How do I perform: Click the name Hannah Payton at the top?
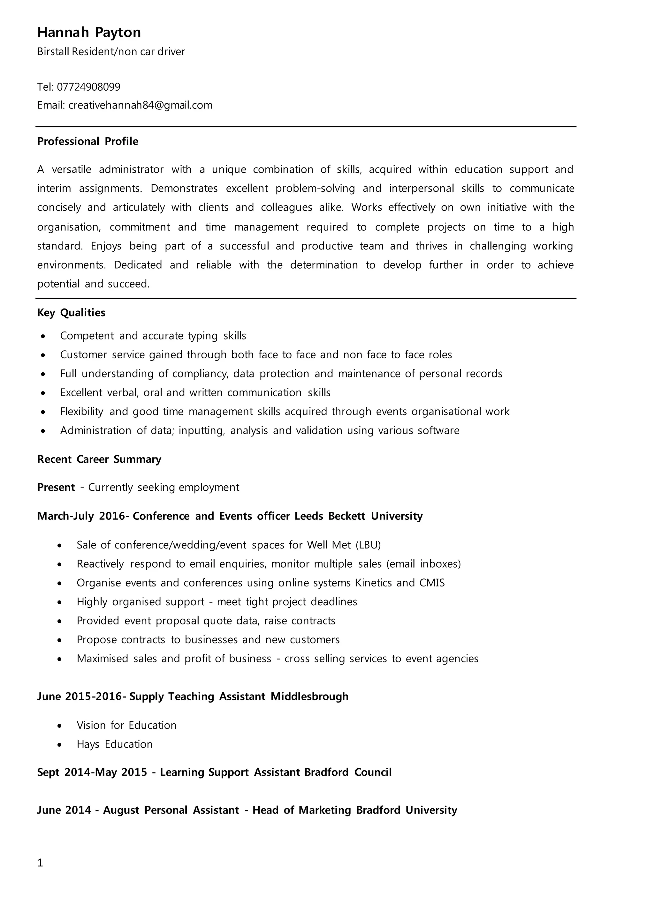click(x=89, y=33)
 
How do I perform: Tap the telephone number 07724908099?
click(x=88, y=87)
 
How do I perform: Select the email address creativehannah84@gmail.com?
click(x=140, y=105)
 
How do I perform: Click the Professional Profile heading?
click(x=87, y=141)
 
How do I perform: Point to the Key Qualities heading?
click(x=71, y=313)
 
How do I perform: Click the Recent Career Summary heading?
click(x=99, y=459)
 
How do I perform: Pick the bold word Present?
click(x=56, y=487)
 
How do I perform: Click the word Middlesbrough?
click(x=309, y=697)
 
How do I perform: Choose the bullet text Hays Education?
click(x=114, y=744)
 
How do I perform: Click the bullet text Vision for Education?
click(x=126, y=725)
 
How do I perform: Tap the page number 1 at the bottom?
click(x=40, y=862)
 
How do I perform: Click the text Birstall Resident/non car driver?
click(x=111, y=51)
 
